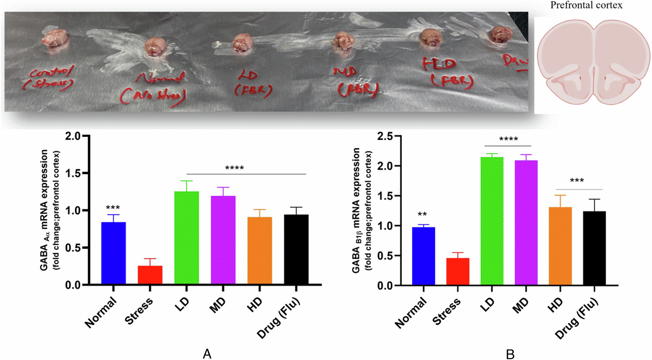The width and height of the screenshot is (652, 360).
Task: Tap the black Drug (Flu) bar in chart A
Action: click(x=296, y=249)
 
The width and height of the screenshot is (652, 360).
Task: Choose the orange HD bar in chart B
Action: click(x=560, y=246)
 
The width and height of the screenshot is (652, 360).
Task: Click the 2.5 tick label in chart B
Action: click(x=385, y=136)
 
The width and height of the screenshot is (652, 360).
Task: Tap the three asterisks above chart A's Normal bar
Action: click(x=113, y=208)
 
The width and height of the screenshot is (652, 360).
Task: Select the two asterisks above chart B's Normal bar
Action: click(x=422, y=214)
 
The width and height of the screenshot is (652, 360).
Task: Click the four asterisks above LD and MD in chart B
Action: click(x=508, y=139)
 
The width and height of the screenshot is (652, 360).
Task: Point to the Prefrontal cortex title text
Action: click(x=586, y=5)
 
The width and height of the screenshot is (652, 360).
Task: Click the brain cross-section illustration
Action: click(x=593, y=62)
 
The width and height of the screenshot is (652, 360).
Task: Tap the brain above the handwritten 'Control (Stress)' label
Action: click(x=55, y=38)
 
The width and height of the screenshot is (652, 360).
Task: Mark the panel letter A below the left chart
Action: click(x=207, y=353)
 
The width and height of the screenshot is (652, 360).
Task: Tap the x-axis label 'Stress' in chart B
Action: click(x=446, y=311)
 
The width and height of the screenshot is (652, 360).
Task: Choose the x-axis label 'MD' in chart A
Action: click(x=217, y=305)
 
